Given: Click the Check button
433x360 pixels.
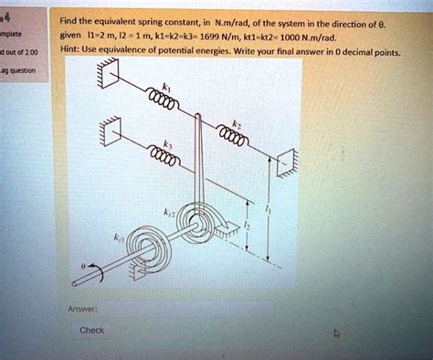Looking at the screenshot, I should click(92, 330).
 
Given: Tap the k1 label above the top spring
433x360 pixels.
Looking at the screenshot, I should click(163, 83).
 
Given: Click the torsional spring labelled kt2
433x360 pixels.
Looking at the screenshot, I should click(198, 220).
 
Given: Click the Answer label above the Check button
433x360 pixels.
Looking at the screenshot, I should click(79, 308).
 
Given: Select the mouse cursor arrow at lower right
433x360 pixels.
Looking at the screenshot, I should click(334, 334).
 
